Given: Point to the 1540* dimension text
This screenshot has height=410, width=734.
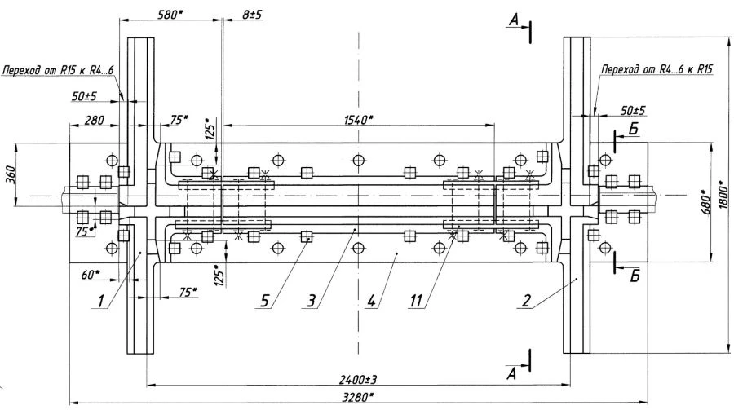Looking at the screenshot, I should [357, 119].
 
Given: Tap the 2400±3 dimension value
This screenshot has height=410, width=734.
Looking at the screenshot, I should [357, 378].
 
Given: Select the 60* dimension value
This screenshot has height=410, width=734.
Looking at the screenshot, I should [91, 276].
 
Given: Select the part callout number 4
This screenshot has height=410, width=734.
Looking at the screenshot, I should [371, 302].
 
